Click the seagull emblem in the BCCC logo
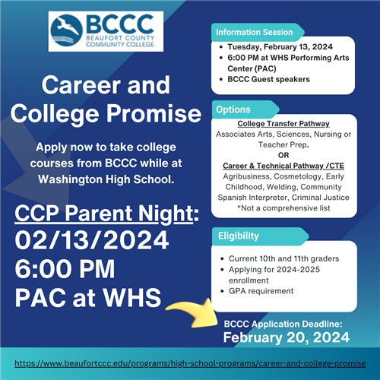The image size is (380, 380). pyautogui.click(x=66, y=30)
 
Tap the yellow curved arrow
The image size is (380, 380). pyautogui.click(x=195, y=313)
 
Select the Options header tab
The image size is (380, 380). pyautogui.click(x=245, y=109)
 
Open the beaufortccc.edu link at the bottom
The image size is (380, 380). pyautogui.click(x=190, y=363)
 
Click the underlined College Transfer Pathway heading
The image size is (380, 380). pyautogui.click(x=283, y=124)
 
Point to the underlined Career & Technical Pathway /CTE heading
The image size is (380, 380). pyautogui.click(x=283, y=166)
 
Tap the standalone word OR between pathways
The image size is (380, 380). pyautogui.click(x=283, y=155)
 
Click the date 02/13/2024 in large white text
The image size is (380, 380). pyautogui.click(x=92, y=240)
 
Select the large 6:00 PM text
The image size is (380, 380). pyautogui.click(x=65, y=269)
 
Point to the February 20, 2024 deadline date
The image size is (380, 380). pyautogui.click(x=287, y=337)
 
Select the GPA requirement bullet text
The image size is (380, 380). pyautogui.click(x=261, y=291)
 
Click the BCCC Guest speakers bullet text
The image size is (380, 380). pyautogui.click(x=268, y=79)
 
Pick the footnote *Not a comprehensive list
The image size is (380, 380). pyautogui.click(x=283, y=208)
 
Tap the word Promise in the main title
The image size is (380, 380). pyautogui.click(x=154, y=114)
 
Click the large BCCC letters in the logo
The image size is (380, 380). pyautogui.click(x=120, y=24)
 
